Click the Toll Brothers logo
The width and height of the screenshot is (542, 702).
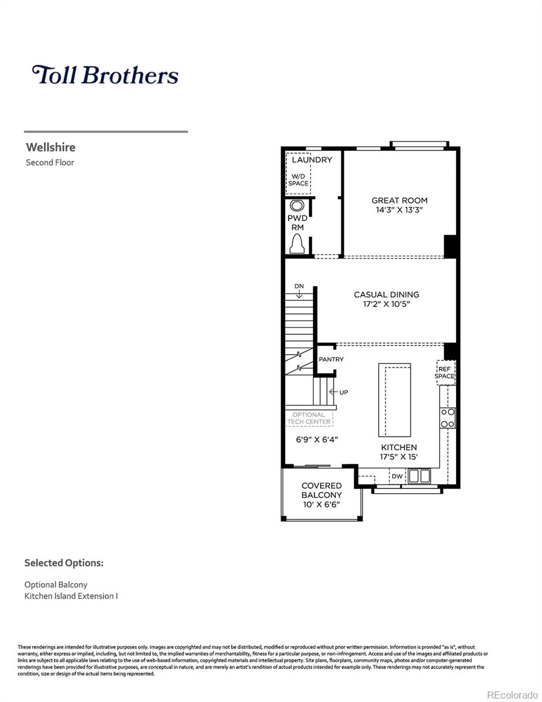[105, 75]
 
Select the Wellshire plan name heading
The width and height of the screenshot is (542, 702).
[50, 147]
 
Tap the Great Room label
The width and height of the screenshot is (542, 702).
[399, 200]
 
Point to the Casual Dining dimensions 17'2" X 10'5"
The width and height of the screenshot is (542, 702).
[386, 304]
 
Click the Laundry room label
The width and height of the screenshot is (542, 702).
[311, 160]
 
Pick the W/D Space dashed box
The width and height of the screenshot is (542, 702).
[298, 174]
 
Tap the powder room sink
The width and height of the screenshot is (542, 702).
[297, 206]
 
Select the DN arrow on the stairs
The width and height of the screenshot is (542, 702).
[299, 291]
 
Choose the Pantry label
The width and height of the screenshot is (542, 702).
[331, 359]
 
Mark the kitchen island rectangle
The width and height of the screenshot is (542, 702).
[395, 400]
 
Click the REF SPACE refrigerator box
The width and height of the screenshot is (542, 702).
[445, 373]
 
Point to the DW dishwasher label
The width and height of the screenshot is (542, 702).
[397, 476]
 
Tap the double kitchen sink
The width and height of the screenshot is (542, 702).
[419, 476]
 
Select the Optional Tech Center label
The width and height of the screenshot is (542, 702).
[308, 418]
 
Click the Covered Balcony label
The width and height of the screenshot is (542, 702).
[321, 490]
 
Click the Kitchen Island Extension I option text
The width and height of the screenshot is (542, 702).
[71, 596]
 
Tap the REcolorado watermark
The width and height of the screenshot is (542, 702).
[512, 694]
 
